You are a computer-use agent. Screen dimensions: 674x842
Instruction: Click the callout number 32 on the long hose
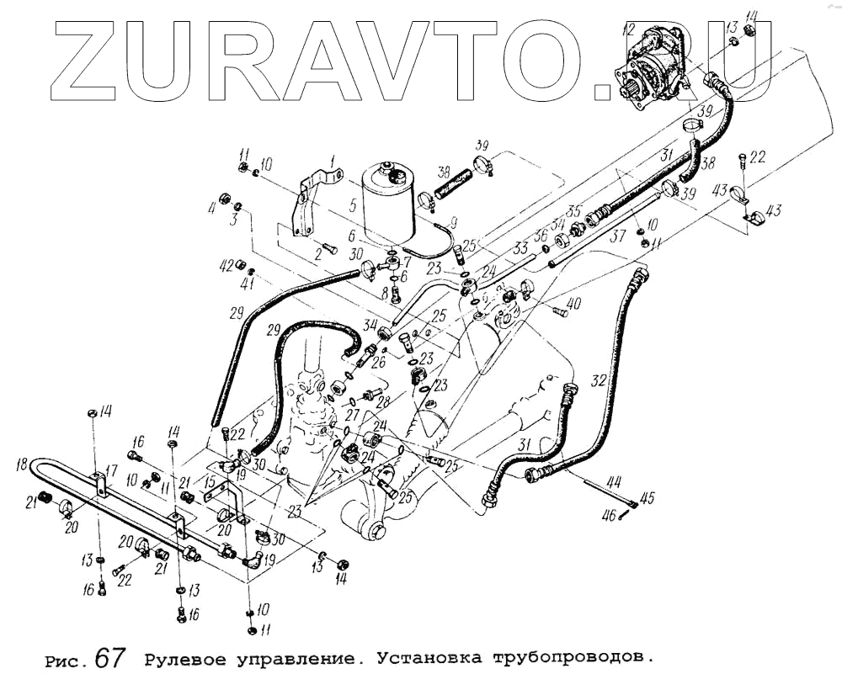point(599,380)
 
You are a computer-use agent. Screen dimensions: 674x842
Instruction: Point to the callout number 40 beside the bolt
point(573,303)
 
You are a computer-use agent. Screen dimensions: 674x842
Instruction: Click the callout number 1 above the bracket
point(333,159)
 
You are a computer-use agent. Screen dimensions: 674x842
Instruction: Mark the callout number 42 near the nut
point(226,265)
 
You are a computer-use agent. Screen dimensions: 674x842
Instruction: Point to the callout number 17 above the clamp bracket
point(110,471)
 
